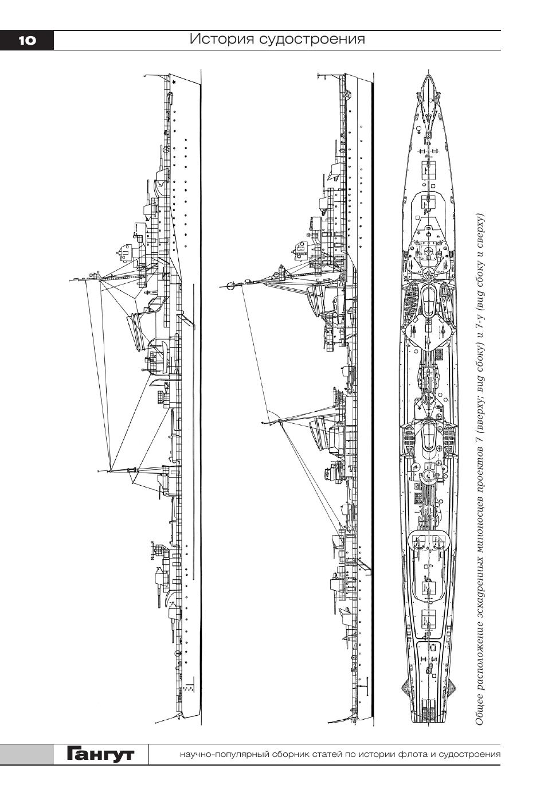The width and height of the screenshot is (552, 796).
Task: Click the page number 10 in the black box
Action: (x=26, y=40)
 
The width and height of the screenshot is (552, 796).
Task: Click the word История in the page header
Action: (x=221, y=39)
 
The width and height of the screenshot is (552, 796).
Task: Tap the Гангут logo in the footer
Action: (x=100, y=754)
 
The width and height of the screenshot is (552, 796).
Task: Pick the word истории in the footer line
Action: (x=372, y=754)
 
